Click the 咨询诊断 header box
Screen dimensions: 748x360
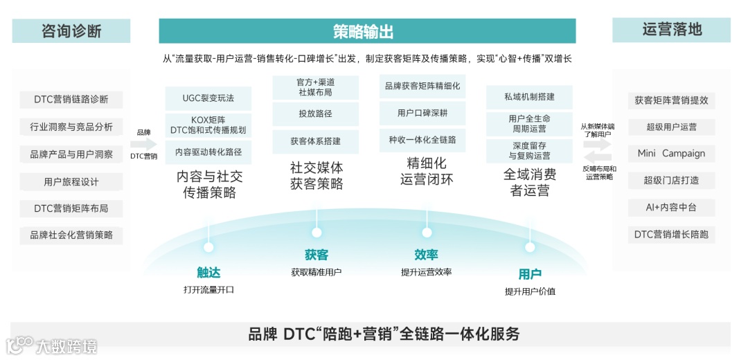71,30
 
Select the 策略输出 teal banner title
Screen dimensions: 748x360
367,31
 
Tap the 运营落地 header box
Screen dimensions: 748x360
671,30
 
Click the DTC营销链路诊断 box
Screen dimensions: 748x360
71,99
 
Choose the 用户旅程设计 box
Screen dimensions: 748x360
71,182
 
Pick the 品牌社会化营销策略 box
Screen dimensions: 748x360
71,235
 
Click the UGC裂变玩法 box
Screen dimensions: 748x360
208,98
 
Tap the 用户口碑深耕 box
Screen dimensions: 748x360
422,113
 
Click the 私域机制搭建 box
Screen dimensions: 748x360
529,98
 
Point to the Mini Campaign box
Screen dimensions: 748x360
671,153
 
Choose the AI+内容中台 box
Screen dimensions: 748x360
671,207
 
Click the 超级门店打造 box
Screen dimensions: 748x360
671,180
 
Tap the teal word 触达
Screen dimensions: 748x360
208,273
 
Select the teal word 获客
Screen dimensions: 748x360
317,255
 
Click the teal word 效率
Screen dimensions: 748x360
426,255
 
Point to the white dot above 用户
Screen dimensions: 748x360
530,246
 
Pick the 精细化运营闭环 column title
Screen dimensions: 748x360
427,172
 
